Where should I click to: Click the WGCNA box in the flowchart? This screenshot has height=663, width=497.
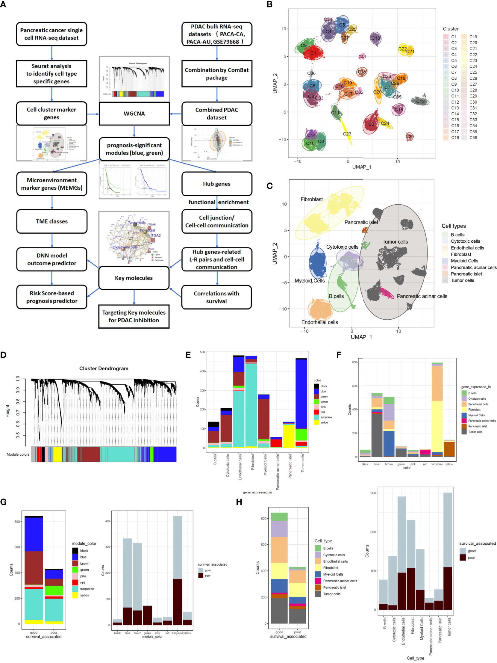(x=134, y=114)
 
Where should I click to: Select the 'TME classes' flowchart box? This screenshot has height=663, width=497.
(x=52, y=221)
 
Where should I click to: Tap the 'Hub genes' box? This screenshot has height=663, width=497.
(x=216, y=184)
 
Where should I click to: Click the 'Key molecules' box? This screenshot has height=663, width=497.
(x=134, y=278)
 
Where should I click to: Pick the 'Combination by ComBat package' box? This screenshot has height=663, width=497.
(x=216, y=74)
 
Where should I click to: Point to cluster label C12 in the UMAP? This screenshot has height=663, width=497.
(x=420, y=101)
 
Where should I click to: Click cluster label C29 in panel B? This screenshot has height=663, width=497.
(x=409, y=136)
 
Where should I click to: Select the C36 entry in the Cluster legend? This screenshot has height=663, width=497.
(x=473, y=138)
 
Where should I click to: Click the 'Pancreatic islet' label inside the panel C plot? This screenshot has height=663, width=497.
(x=361, y=222)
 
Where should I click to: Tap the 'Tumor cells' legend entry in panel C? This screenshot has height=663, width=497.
(x=462, y=280)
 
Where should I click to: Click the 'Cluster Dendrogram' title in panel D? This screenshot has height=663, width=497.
(x=104, y=368)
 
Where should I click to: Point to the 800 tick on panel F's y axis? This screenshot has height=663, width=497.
(x=354, y=362)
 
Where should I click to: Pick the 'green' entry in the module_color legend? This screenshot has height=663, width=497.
(x=84, y=570)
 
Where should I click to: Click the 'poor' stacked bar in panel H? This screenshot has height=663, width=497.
(x=297, y=595)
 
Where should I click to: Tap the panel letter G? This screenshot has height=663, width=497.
(x=4, y=502)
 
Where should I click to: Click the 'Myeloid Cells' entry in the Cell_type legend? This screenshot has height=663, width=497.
(x=333, y=574)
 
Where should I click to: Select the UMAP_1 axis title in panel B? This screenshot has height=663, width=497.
(x=362, y=167)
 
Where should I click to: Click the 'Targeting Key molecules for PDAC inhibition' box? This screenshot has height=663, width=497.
(x=134, y=316)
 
